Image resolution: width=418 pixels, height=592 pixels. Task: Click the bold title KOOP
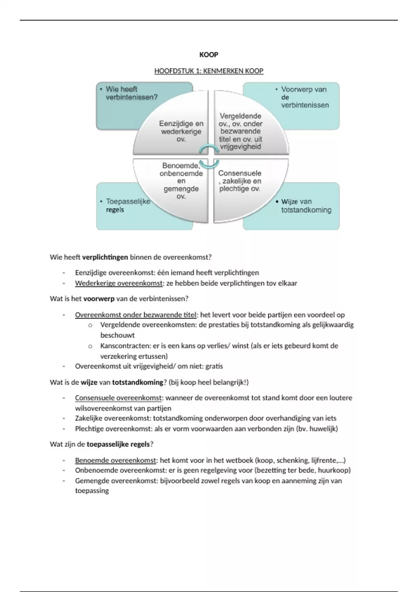pyautogui.click(x=209, y=55)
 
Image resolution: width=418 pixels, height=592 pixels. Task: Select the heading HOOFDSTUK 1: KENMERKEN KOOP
pyautogui.click(x=209, y=71)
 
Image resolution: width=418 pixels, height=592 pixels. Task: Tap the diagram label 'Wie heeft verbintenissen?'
pyautogui.click(x=131, y=93)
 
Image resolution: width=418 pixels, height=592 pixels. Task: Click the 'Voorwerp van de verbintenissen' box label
pyautogui.click(x=305, y=97)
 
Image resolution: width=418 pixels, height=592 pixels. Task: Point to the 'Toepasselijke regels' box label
pyautogui.click(x=128, y=205)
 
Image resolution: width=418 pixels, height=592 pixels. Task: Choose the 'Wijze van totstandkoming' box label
pyautogui.click(x=306, y=206)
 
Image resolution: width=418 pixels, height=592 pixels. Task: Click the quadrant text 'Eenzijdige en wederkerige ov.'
pyautogui.click(x=181, y=131)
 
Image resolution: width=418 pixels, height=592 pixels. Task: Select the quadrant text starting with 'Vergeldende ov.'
pyautogui.click(x=240, y=131)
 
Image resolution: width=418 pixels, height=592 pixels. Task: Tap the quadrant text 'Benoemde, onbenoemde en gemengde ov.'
pyautogui.click(x=181, y=181)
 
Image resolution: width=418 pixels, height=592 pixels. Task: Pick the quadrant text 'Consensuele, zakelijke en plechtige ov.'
pyautogui.click(x=240, y=181)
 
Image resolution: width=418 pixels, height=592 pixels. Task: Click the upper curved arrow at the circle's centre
pyautogui.click(x=209, y=149)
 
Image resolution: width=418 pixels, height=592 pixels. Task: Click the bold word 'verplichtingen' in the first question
pyautogui.click(x=105, y=257)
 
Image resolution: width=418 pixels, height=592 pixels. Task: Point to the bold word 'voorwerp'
pyautogui.click(x=99, y=299)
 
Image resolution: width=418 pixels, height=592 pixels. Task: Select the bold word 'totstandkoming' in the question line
pyautogui.click(x=138, y=382)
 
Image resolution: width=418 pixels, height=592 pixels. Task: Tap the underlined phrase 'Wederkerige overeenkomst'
pyautogui.click(x=119, y=283)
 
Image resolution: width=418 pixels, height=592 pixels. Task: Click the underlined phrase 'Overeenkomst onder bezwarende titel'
pyautogui.click(x=136, y=315)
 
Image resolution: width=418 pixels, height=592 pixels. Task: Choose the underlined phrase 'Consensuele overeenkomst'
pyautogui.click(x=118, y=398)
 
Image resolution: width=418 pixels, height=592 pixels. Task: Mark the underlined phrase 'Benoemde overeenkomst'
pyautogui.click(x=115, y=460)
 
